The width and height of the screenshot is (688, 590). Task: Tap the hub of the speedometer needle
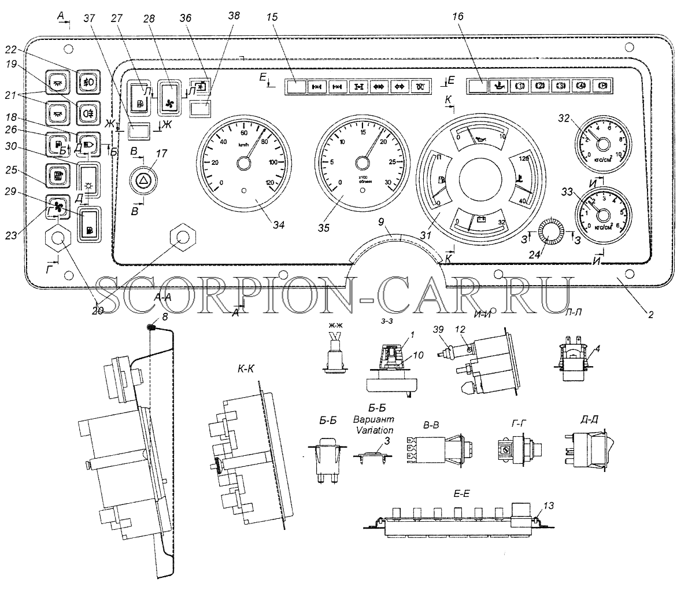(x=243, y=165)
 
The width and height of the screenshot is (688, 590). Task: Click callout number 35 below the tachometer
(x=323, y=228)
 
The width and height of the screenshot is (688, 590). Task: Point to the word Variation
(x=373, y=430)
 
